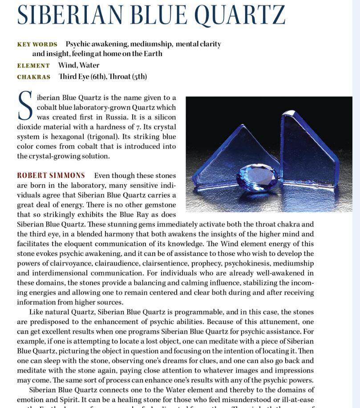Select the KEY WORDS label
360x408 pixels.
coord(37,44)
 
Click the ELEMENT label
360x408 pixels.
coord(33,65)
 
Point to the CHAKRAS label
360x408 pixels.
coord(33,77)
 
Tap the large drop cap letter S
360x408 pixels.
coord(25,106)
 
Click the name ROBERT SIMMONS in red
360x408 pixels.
coord(51,175)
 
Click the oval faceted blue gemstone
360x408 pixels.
coord(257,177)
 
